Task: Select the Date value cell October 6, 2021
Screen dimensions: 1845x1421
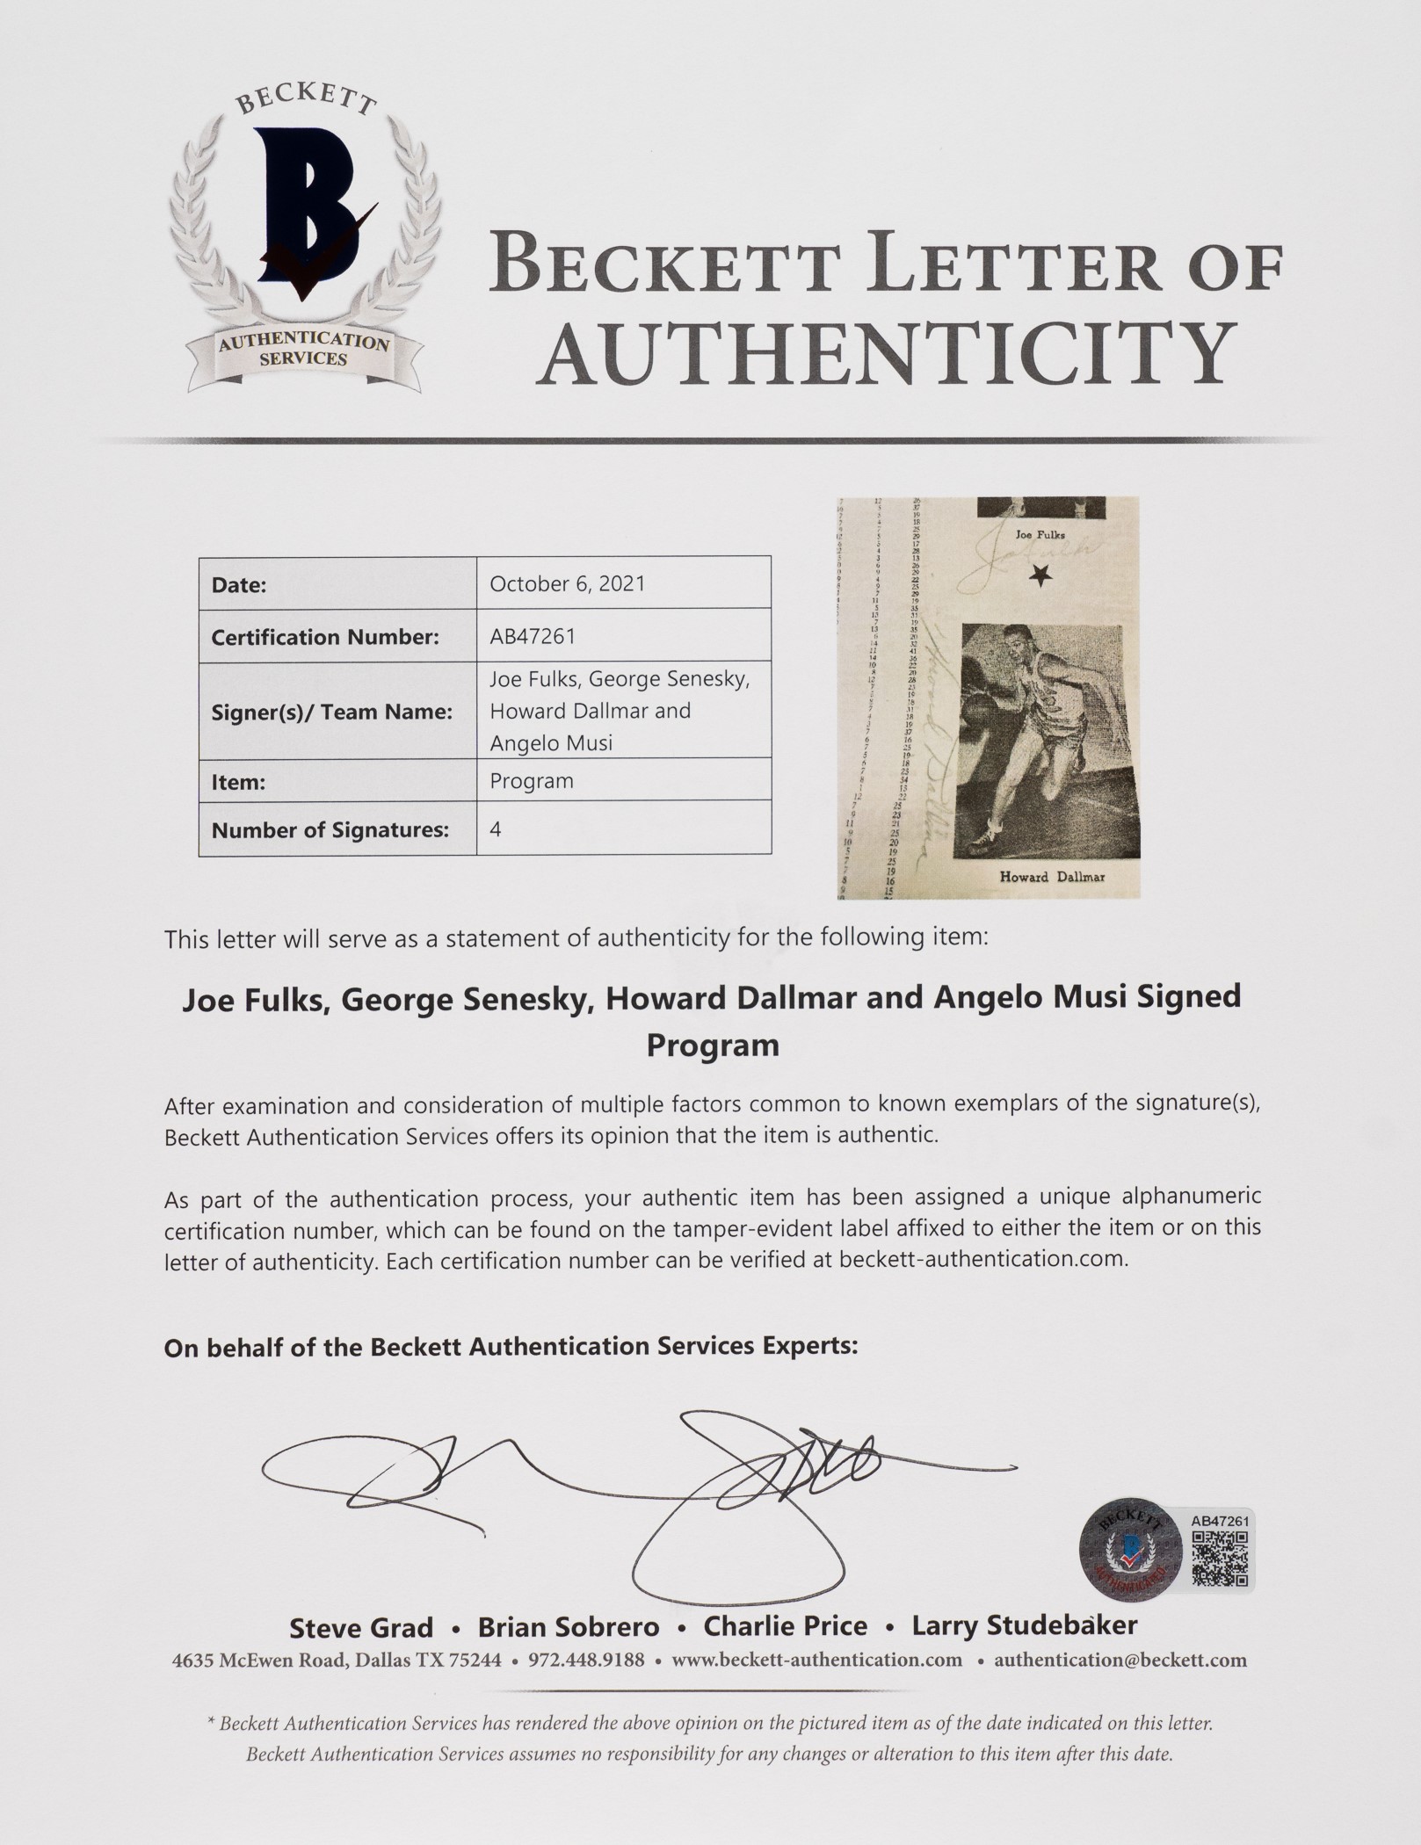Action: tap(567, 584)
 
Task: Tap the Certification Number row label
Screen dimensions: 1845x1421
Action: tap(325, 637)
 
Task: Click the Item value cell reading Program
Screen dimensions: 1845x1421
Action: tap(532, 781)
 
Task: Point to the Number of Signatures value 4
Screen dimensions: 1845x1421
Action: tap(496, 829)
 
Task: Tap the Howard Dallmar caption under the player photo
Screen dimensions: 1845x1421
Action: tap(1052, 876)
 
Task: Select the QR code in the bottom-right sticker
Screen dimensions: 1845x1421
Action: tap(1221, 1559)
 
